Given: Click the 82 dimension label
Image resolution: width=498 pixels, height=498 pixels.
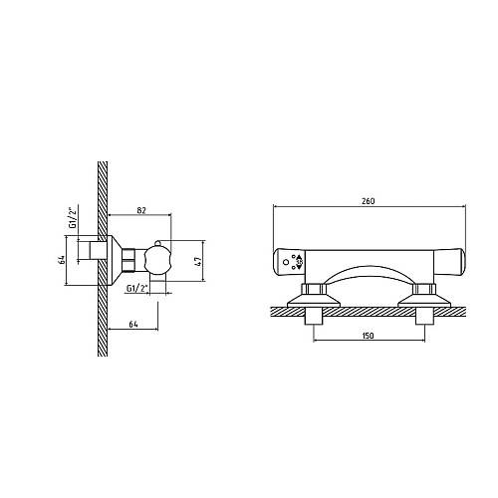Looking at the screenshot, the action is (x=141, y=210).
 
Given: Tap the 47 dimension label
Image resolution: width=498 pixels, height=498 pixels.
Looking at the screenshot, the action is (x=197, y=261).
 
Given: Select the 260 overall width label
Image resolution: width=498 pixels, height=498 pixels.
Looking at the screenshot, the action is (x=369, y=201).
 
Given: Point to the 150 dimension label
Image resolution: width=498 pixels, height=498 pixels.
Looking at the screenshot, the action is (x=368, y=336).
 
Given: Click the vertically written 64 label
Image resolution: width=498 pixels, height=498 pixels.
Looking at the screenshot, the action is (x=61, y=260).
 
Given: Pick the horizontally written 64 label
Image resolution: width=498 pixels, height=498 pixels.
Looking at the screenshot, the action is (x=133, y=325).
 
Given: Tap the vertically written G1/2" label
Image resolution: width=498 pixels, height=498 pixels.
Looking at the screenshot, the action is (x=72, y=217).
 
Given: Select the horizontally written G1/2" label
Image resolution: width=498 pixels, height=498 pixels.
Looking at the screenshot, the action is (x=136, y=288).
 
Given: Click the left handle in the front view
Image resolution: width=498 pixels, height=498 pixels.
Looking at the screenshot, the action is (x=289, y=262).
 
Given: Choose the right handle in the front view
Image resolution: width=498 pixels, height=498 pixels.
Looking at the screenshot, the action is (x=450, y=262).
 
